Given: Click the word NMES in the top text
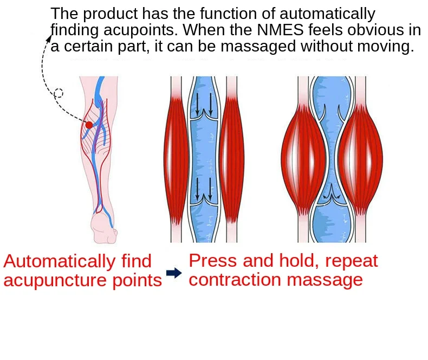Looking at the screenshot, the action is pyautogui.click(x=280, y=30).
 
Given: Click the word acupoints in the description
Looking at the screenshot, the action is pyautogui.click(x=140, y=30).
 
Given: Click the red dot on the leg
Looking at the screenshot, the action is pyautogui.click(x=89, y=125).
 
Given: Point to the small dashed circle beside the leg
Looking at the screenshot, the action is pyautogui.click(x=59, y=93).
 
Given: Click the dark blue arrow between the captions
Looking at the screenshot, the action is pyautogui.click(x=174, y=273).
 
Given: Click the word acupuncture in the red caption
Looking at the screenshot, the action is pyautogui.click(x=55, y=280).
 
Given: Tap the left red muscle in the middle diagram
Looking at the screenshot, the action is pyautogui.click(x=176, y=158).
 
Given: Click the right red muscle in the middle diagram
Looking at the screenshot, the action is pyautogui.click(x=232, y=158).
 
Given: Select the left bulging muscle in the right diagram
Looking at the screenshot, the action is pyautogui.click(x=303, y=158).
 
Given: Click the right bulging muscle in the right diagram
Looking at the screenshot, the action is pyautogui.click(x=361, y=158).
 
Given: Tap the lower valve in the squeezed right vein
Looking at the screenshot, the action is pyautogui.click(x=332, y=195).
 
